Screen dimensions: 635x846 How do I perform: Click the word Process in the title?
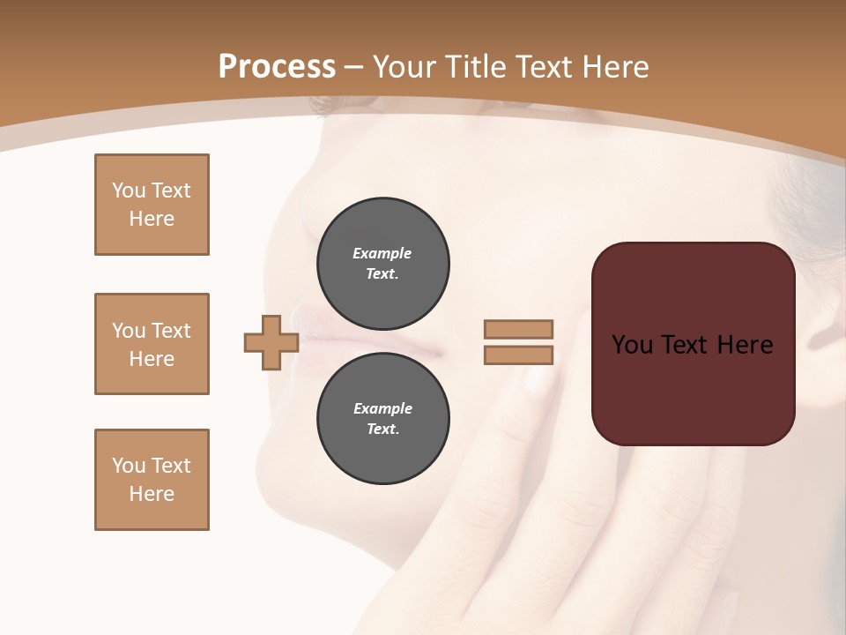click(x=277, y=67)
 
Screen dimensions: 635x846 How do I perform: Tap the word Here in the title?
click(x=614, y=67)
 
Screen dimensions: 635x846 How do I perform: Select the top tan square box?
click(x=152, y=205)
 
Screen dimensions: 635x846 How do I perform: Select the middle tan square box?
click(x=152, y=344)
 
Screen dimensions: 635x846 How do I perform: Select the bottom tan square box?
click(x=152, y=480)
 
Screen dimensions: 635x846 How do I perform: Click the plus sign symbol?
click(x=271, y=342)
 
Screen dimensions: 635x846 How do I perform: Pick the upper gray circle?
click(x=383, y=263)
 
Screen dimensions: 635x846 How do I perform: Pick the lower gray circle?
click(x=383, y=419)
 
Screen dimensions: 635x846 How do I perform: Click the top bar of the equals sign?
click(x=518, y=329)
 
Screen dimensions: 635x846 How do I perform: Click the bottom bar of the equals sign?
click(x=518, y=355)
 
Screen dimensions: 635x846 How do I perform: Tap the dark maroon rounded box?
click(x=693, y=388)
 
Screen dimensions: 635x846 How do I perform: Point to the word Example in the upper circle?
click(x=382, y=253)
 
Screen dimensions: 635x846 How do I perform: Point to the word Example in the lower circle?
click(x=382, y=408)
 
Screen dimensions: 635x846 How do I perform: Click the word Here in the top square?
click(x=152, y=219)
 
